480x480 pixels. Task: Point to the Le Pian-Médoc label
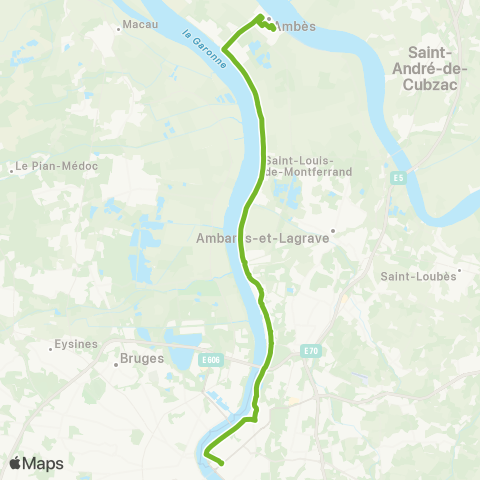point(59,166)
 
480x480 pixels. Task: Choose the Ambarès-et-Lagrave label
point(262,240)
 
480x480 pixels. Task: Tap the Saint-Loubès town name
point(418,276)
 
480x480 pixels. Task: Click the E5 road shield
point(397,179)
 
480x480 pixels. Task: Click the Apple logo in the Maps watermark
point(17,463)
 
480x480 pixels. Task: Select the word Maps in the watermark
point(44,463)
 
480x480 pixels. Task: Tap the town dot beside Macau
point(119,28)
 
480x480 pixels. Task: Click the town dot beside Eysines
point(52,349)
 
